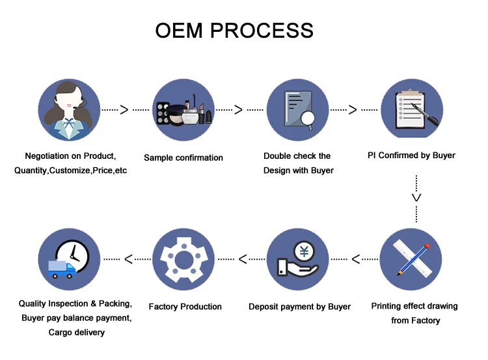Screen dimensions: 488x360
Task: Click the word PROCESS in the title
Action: (262, 31)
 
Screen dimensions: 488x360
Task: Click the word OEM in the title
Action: (179, 31)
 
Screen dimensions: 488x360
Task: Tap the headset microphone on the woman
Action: (79, 104)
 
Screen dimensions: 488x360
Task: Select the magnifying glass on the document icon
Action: (308, 120)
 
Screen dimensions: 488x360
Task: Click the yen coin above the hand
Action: (304, 251)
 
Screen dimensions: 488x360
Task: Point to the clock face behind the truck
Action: (73, 255)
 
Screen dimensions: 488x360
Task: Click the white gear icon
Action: (184, 260)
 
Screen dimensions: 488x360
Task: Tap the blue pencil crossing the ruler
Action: (413, 260)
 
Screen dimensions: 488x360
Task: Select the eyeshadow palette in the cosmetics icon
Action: (163, 114)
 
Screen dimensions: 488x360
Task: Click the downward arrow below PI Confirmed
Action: (416, 199)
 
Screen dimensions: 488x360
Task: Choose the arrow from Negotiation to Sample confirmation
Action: (126, 109)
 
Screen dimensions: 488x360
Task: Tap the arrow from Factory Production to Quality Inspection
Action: (127, 259)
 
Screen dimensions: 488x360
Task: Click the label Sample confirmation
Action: (183, 158)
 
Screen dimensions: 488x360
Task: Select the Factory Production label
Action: (185, 307)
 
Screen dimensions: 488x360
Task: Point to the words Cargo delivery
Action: (77, 333)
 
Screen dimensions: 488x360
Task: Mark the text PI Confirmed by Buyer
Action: (411, 156)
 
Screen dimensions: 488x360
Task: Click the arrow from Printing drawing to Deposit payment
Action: (355, 259)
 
